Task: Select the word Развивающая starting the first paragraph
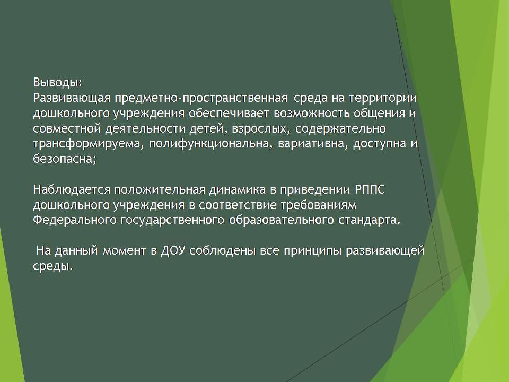(72, 98)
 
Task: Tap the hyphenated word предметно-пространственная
(201, 98)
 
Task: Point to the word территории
(383, 98)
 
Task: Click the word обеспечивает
(229, 114)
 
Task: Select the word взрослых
(261, 129)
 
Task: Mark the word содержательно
(340, 129)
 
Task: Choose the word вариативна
(312, 144)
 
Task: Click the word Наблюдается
(72, 190)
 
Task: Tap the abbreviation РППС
(370, 190)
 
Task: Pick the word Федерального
(75, 220)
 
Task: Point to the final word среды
(52, 266)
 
